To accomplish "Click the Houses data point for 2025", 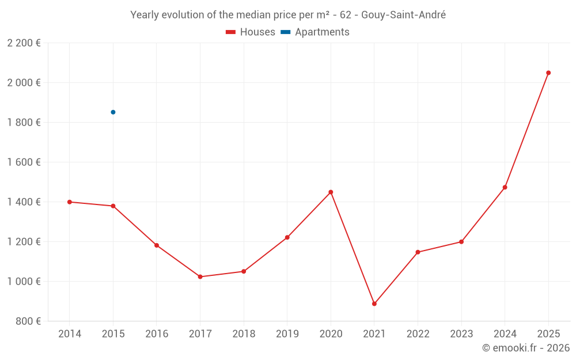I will click(x=548, y=73).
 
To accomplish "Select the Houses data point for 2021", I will click(x=374, y=304).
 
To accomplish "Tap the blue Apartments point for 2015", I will click(x=113, y=112).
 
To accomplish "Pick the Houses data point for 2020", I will click(x=331, y=192).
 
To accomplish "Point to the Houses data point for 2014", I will click(x=70, y=202).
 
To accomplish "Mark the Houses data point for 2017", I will click(x=200, y=277).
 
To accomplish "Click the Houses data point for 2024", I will click(x=505, y=187).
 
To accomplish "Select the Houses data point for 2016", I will click(x=157, y=245).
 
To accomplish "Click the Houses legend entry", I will click(x=251, y=32).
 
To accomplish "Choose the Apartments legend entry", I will click(x=315, y=32).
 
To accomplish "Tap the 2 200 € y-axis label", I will click(x=24, y=43).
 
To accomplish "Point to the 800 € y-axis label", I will click(x=28, y=321).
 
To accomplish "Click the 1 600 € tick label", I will click(x=24, y=162).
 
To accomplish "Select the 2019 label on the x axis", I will click(x=287, y=334).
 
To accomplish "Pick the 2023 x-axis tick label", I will click(x=461, y=334).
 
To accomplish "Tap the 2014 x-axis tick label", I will click(x=70, y=334).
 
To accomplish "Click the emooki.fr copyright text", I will click(x=525, y=348).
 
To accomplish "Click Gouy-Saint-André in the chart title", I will click(x=403, y=15).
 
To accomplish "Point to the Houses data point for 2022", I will click(x=418, y=252).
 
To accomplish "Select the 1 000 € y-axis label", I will click(x=24, y=282).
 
